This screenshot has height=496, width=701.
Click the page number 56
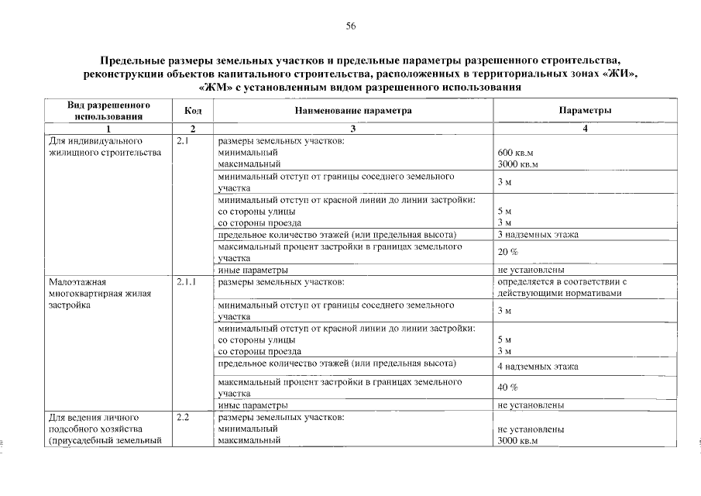coord(350,26)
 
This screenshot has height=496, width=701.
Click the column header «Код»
coord(193,111)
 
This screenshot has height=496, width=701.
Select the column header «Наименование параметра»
coord(352,111)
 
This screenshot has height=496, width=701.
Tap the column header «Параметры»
coord(585,111)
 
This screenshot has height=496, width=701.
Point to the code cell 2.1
coord(183,142)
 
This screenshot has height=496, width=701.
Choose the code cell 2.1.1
coord(186,282)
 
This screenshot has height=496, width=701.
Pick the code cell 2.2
coord(183,418)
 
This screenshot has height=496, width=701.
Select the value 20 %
coord(508,252)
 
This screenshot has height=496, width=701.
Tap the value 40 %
coord(508,387)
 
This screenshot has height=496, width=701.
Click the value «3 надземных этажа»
coord(538,234)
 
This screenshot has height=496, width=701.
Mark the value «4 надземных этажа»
coord(538,366)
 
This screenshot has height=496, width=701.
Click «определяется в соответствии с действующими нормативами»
coord(562,288)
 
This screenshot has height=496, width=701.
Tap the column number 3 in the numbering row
coord(352,129)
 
